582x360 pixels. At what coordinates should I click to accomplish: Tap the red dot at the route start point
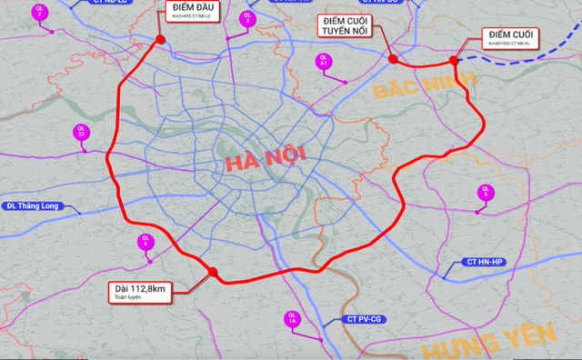tap(161, 39)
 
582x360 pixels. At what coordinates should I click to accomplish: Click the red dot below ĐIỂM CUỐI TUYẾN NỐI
tap(393, 59)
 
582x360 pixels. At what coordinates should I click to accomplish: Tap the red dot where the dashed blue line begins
tap(454, 60)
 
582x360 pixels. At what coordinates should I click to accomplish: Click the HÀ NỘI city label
tap(265, 163)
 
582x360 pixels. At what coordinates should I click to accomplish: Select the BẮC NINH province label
tap(423, 87)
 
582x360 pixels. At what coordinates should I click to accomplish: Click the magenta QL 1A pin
tap(292, 319)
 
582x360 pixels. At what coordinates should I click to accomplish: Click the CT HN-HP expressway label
tap(484, 262)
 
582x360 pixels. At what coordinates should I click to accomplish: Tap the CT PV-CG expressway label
tap(364, 320)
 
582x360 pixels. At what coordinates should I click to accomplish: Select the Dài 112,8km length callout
tap(136, 290)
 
